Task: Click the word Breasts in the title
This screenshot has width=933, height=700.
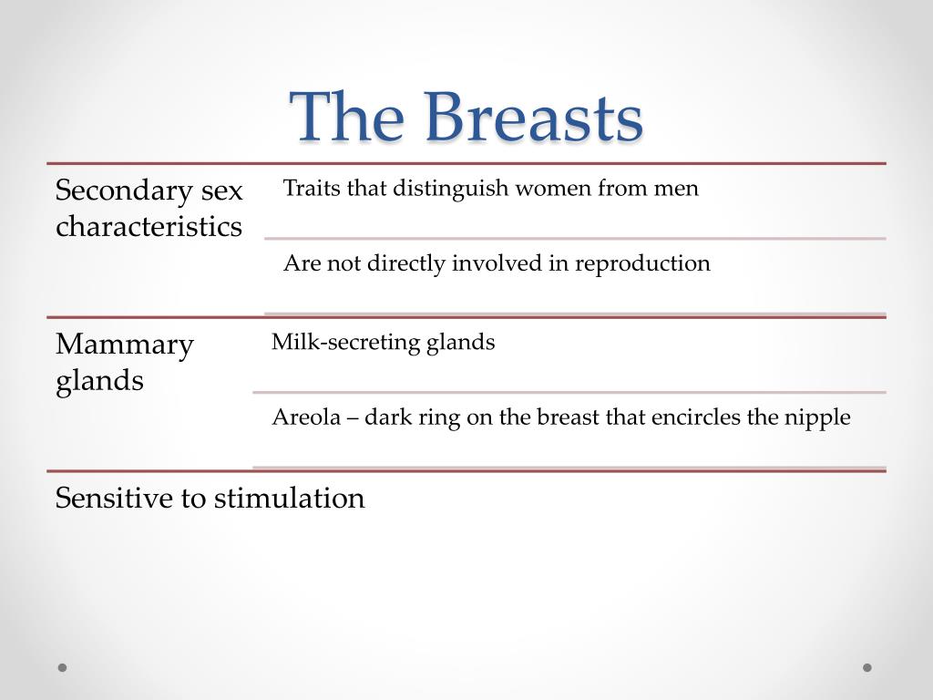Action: pos(533,118)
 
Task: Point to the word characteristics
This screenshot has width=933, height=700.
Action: pos(149,226)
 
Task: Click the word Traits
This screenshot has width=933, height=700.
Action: pos(310,189)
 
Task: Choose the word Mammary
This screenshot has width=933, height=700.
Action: pos(125,345)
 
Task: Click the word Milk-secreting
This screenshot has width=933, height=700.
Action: pos(345,343)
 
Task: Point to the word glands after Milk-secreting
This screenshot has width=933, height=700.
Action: pos(461,343)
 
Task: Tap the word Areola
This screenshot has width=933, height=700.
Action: pos(305,417)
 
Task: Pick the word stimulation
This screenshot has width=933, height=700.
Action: pos(289,498)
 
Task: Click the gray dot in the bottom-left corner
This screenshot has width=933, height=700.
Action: pos(62,667)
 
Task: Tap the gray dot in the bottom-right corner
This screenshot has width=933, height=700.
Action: pos(867,667)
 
